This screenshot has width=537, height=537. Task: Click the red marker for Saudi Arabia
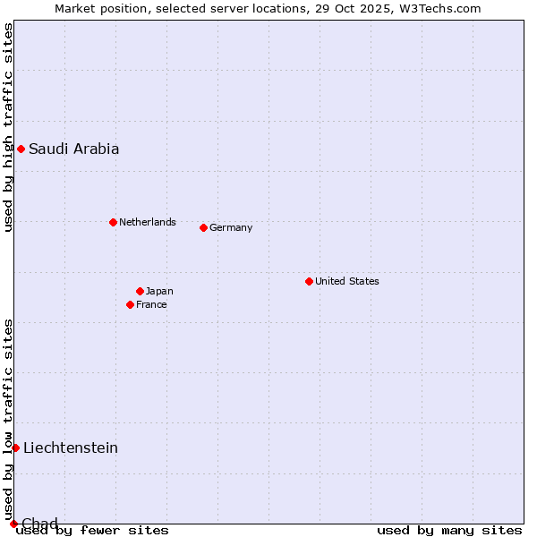coord(21,149)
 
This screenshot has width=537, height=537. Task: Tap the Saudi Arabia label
coord(73,149)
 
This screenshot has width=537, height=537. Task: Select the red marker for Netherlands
coord(113,222)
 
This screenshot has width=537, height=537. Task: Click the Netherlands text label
coord(147,222)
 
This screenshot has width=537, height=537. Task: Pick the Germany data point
coord(203,227)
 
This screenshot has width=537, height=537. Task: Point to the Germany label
coord(231,227)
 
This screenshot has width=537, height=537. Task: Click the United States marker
coord(309,281)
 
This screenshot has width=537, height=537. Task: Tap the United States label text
coord(346,281)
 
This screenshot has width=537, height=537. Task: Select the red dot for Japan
coord(140,291)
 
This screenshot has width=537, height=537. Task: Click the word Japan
coord(159,291)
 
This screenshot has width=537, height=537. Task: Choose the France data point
coord(130,304)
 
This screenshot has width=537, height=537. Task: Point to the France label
coord(151,304)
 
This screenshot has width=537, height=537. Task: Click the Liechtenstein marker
coord(15,447)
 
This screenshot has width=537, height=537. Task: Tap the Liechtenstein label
coord(71,447)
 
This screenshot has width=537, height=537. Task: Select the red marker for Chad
coord(13,524)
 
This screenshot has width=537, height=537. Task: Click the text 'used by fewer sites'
coord(92,531)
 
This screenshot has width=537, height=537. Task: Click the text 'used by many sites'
coord(449,531)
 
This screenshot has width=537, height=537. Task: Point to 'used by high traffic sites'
coord(8,128)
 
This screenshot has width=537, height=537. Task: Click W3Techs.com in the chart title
coord(439,8)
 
